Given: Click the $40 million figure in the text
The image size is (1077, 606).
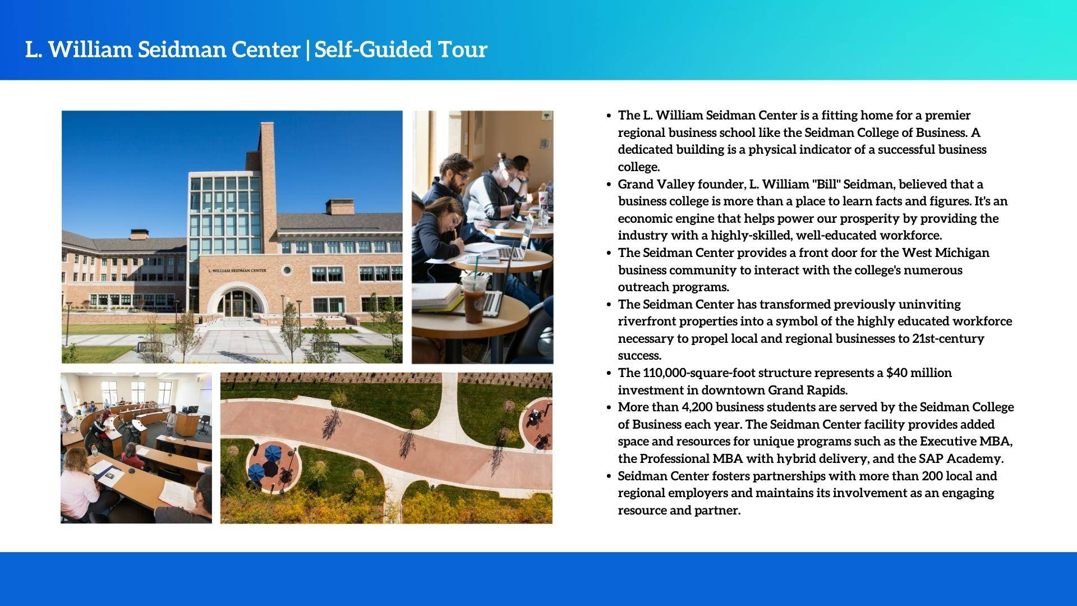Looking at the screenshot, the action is point(919,373).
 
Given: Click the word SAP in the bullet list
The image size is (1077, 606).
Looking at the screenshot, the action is point(931,459).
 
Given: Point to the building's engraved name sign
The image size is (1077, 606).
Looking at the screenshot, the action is point(237,270).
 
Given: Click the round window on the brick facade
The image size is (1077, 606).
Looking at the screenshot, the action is point(287,270).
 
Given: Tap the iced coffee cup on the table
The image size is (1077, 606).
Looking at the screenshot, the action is point(475,297).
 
